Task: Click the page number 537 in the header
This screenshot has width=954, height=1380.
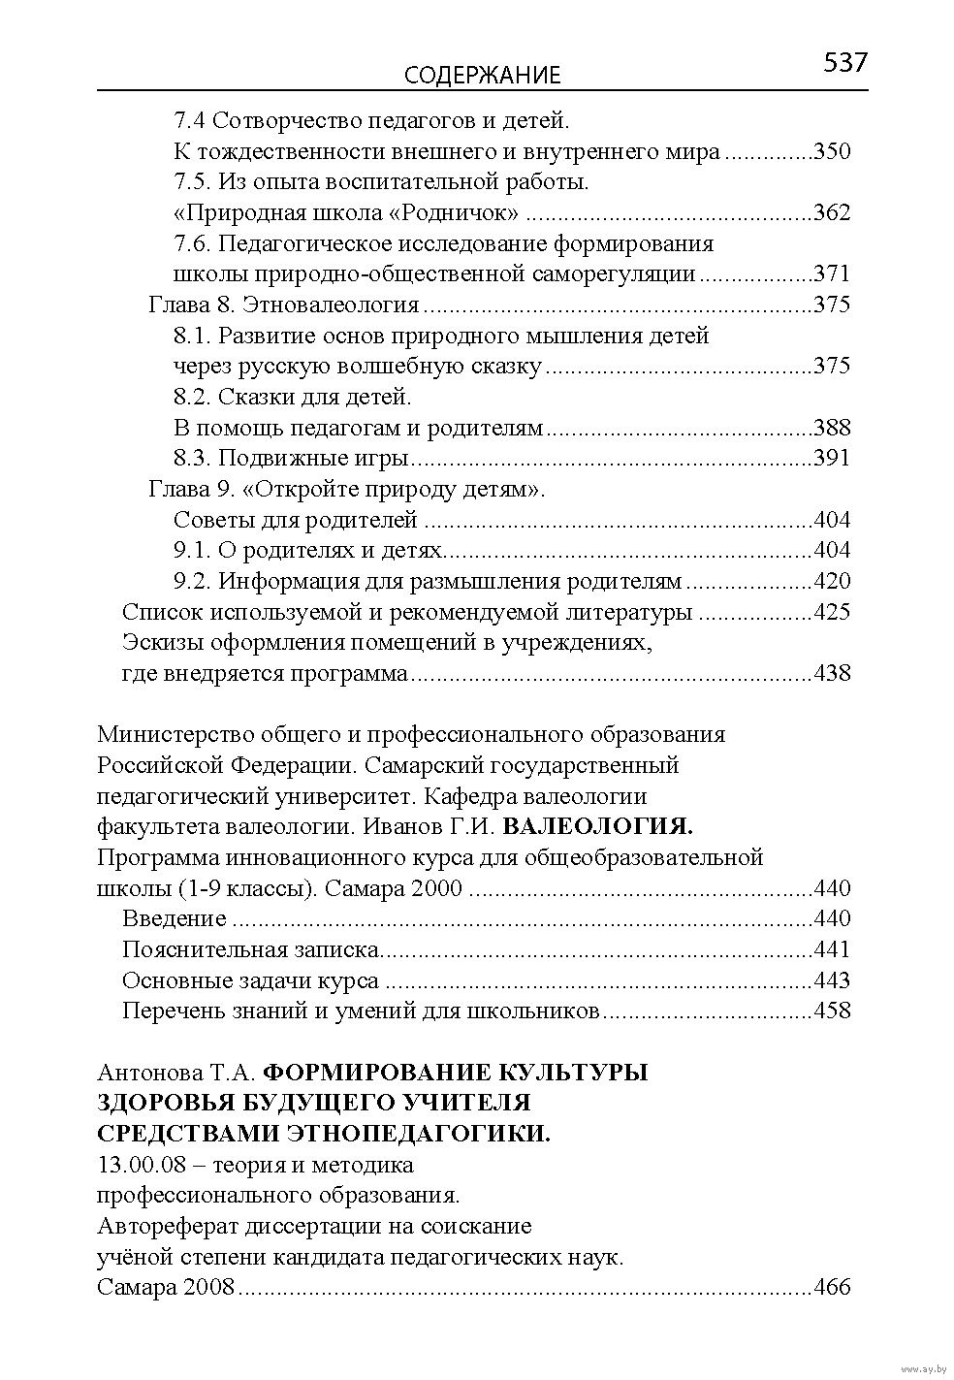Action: tap(844, 64)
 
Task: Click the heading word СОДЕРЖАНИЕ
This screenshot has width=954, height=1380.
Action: tap(482, 76)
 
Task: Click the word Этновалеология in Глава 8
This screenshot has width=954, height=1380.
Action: tap(331, 305)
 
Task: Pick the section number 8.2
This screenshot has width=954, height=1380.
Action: tap(193, 397)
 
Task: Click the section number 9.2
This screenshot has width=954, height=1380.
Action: tap(193, 581)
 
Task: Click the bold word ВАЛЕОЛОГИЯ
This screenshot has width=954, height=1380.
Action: tap(600, 826)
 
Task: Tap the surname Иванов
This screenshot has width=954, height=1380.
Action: tap(394, 826)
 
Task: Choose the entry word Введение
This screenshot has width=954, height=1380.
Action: tap(175, 918)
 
